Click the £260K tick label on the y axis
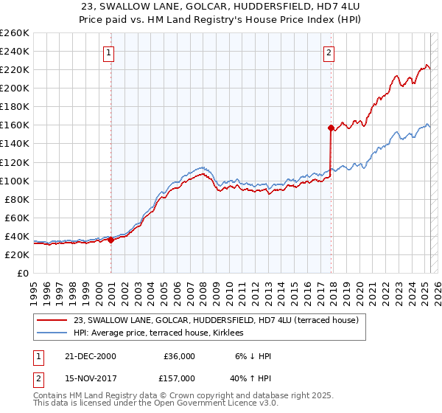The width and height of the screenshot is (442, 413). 15,33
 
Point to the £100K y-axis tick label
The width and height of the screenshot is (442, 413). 15,181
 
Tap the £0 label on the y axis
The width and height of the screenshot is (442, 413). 23,273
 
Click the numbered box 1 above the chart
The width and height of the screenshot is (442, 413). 108,52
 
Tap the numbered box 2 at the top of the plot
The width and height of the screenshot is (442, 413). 328,52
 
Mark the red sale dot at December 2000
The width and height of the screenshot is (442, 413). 110,240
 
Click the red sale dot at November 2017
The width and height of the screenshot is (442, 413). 331,128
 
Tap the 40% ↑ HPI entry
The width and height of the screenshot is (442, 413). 252,378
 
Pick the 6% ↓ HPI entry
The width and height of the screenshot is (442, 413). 252,356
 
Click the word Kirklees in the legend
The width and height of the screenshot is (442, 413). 236,333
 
